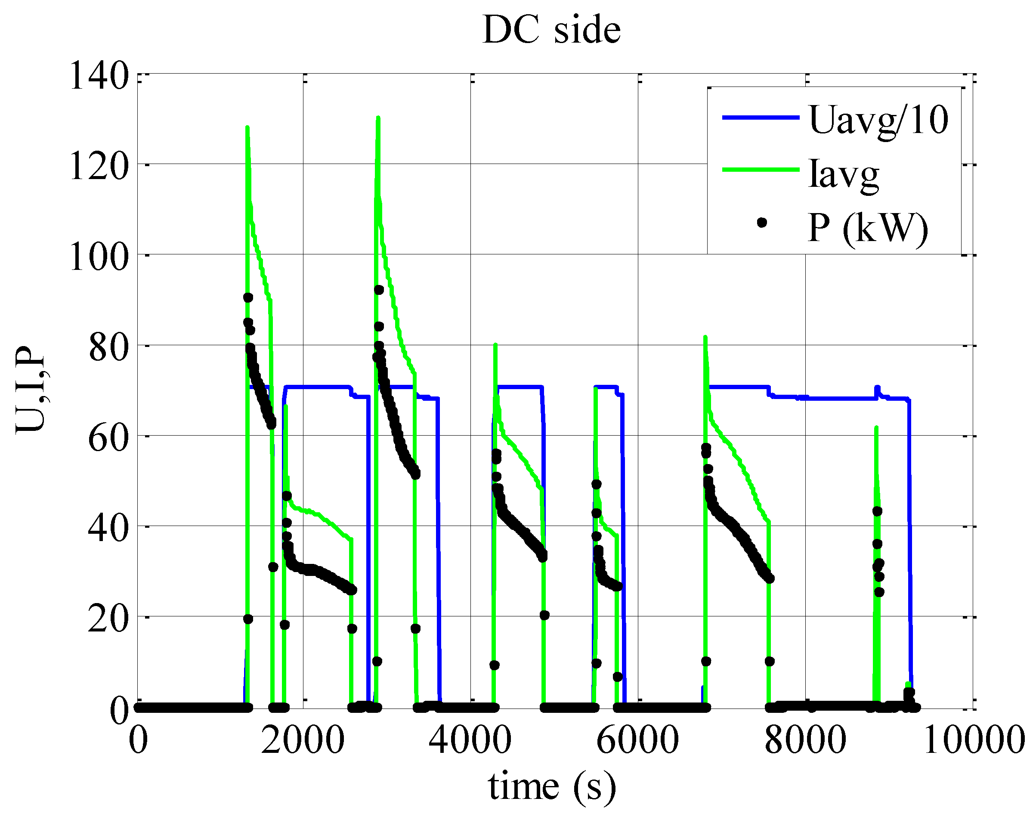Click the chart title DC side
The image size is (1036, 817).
pyautogui.click(x=551, y=30)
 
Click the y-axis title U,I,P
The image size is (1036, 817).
pyautogui.click(x=31, y=390)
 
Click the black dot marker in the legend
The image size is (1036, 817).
pyautogui.click(x=762, y=223)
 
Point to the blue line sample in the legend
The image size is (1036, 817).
pyautogui.click(x=761, y=117)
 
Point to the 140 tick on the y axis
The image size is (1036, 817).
pyautogui.click(x=99, y=76)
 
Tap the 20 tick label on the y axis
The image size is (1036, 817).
pyautogui.click(x=108, y=619)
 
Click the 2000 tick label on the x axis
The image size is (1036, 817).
pyautogui.click(x=303, y=739)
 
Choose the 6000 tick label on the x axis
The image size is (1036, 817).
pyautogui.click(x=638, y=739)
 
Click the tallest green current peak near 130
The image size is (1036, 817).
pyautogui.click(x=378, y=118)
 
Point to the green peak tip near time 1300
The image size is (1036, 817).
pyautogui.click(x=247, y=127)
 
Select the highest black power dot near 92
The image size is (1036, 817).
pyautogui.click(x=379, y=290)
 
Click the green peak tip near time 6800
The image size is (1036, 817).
pyautogui.click(x=705, y=337)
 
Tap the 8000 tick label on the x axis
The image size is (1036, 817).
pyautogui.click(x=805, y=739)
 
